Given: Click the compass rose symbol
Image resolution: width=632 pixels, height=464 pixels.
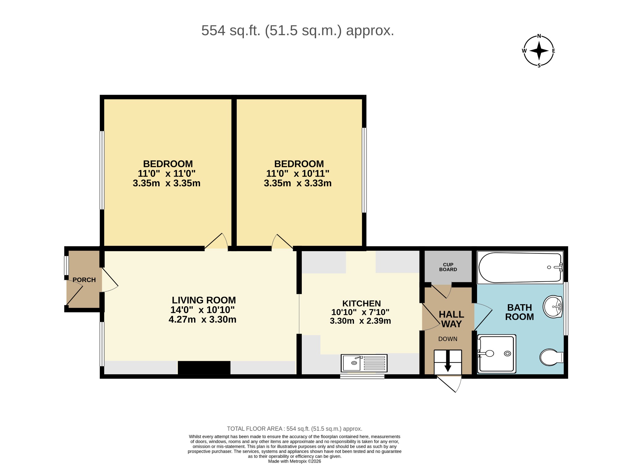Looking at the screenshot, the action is click(x=539, y=51).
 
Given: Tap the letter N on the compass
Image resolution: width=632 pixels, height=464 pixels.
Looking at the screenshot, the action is click(x=539, y=36).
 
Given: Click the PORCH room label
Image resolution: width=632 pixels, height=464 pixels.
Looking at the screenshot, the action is click(x=84, y=280).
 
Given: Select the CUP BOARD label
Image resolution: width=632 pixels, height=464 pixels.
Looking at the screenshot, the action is click(x=448, y=267).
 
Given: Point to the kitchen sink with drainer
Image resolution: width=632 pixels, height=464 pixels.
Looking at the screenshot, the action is click(x=364, y=363).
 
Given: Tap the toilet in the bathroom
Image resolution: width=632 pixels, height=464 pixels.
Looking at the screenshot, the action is click(x=552, y=357).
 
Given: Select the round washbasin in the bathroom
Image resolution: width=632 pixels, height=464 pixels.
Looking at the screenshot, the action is click(x=553, y=307).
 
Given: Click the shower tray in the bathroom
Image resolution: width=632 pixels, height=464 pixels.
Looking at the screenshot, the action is click(x=497, y=354).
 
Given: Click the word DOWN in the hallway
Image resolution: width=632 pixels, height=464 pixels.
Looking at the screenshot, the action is click(x=448, y=339).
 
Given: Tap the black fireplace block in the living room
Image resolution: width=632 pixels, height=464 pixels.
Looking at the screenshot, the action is click(x=204, y=368).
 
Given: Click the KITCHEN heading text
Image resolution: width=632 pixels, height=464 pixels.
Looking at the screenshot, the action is click(x=361, y=303).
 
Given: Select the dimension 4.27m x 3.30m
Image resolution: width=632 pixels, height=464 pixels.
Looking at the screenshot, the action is click(x=202, y=319).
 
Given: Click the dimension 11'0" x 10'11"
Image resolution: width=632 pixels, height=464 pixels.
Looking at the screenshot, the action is click(x=298, y=173).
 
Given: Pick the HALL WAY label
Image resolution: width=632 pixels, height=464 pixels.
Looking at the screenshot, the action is click(x=451, y=319).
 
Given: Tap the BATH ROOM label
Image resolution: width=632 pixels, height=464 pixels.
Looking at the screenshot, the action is click(x=520, y=312).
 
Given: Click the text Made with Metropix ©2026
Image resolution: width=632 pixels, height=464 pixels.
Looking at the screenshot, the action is click(x=294, y=461).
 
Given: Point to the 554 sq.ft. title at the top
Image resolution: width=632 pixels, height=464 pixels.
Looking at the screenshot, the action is click(x=297, y=31).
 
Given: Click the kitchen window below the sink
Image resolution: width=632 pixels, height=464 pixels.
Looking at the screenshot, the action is click(x=362, y=376).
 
